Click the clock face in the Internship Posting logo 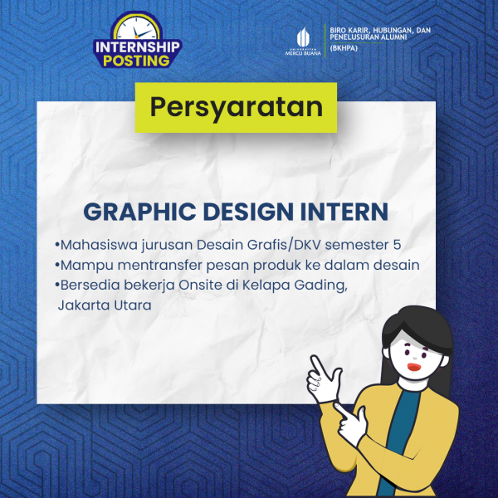tap(137, 29)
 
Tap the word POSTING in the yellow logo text tap(136, 61)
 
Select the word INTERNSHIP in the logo tap(138, 47)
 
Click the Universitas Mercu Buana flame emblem tap(303, 37)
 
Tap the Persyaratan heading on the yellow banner tap(237, 107)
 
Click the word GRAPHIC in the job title tap(139, 212)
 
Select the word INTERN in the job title tap(344, 212)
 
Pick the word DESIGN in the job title tap(248, 212)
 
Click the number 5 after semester tap(397, 245)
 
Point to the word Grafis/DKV tap(284, 245)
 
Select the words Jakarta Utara tap(105, 305)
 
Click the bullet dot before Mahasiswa tap(56, 245)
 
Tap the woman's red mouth tap(414, 367)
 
